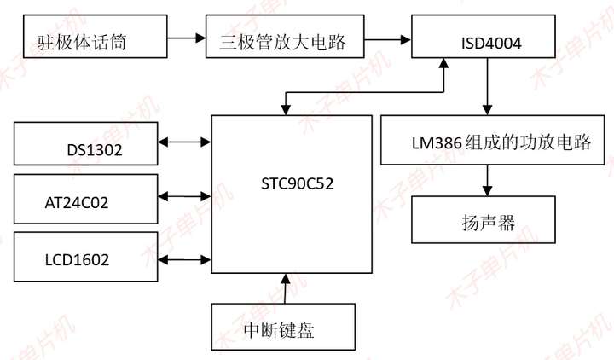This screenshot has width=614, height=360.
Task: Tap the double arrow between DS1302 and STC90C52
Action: (184, 143)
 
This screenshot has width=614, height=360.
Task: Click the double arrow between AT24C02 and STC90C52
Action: (184, 196)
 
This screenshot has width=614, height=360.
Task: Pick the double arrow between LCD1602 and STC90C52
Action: (184, 258)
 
